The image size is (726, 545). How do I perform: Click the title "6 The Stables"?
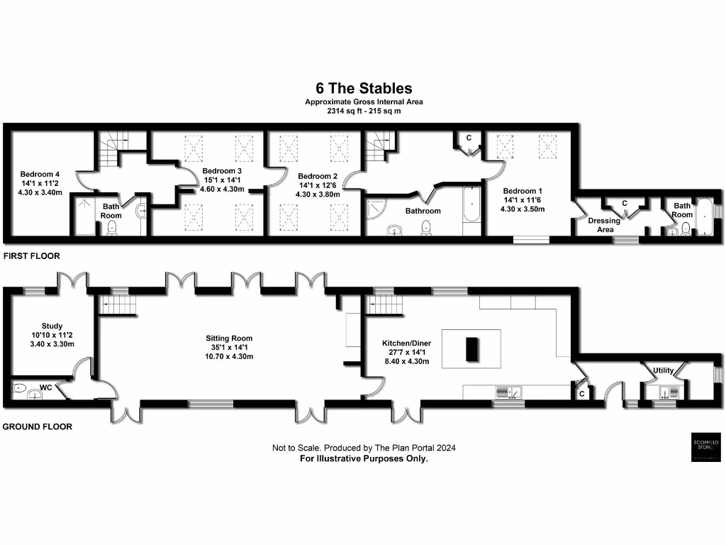364,89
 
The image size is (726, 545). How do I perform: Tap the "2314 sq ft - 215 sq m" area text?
364,111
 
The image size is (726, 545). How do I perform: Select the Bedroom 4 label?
40,173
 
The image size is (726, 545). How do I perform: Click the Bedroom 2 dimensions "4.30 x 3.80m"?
318,194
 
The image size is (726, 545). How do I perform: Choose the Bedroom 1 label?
523,191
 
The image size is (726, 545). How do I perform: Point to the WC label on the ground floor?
46,388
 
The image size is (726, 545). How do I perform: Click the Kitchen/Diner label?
406,343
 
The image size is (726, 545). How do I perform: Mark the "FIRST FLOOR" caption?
30,255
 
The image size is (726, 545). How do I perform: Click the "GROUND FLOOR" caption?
37,427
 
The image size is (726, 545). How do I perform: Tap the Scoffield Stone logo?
705,446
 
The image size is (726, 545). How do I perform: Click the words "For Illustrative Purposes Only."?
364,458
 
